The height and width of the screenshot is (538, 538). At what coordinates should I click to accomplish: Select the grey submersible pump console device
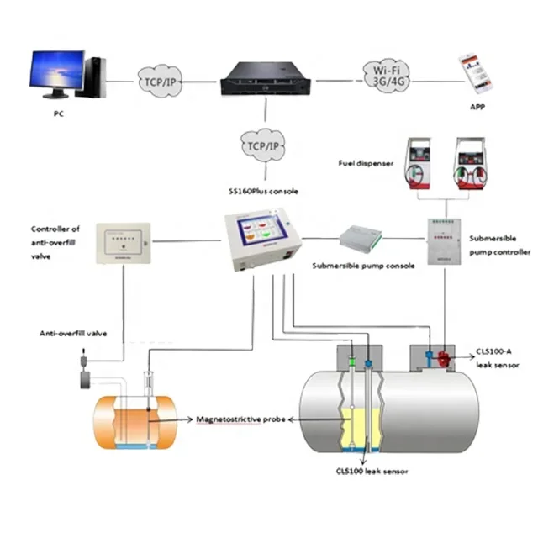(362, 240)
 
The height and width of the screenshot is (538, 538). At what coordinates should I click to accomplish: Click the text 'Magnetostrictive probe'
(241, 416)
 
